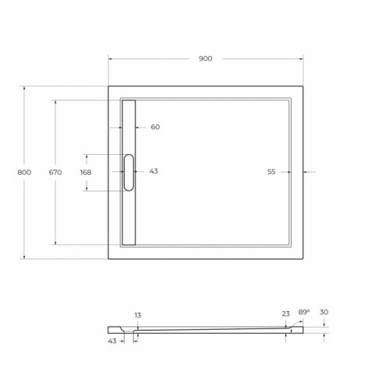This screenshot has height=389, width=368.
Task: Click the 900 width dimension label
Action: pyautogui.click(x=205, y=59)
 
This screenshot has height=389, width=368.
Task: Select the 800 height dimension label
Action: pyautogui.click(x=23, y=172)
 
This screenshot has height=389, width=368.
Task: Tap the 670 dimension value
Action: pyautogui.click(x=55, y=172)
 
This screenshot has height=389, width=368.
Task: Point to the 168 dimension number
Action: pyautogui.click(x=86, y=172)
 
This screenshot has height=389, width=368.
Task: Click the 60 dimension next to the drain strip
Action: pyautogui.click(x=155, y=127)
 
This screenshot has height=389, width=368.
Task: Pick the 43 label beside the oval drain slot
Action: pyautogui.click(x=154, y=171)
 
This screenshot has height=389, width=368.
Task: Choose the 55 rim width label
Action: pyautogui.click(x=271, y=172)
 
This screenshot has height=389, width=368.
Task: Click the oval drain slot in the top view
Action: pyautogui.click(x=129, y=172)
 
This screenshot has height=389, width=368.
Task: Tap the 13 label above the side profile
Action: pyautogui.click(x=137, y=316)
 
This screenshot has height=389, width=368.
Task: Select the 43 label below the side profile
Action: pyautogui.click(x=113, y=340)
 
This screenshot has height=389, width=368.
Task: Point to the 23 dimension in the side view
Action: pyautogui.click(x=285, y=314)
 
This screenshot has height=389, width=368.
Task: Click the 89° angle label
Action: pyautogui.click(x=303, y=312)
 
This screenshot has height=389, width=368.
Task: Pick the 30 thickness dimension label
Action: pyautogui.click(x=324, y=312)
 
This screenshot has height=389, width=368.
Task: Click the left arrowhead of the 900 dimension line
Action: pyautogui.click(x=110, y=59)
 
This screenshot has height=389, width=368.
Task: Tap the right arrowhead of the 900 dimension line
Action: pyautogui.click(x=301, y=59)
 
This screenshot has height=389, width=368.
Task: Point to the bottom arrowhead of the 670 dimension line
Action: pyautogui.click(x=55, y=243)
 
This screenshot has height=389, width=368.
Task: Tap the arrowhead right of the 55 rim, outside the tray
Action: pyautogui.click(x=305, y=172)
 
